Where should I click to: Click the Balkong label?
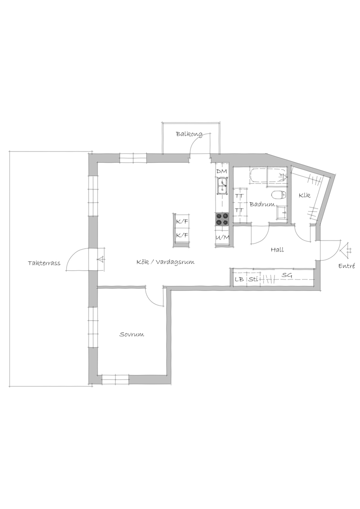189,134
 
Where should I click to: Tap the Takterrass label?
44,263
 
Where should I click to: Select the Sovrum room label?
131,335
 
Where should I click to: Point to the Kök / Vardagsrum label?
166,262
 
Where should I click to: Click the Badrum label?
262,205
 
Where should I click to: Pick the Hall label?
277,250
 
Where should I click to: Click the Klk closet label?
305,196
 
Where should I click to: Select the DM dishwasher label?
221,171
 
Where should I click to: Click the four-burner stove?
222,219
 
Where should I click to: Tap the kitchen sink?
222,186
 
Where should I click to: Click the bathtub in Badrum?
268,176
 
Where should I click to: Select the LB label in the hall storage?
239,279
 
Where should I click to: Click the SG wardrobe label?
287,275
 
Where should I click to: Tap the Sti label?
253,279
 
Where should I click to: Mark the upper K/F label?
182,223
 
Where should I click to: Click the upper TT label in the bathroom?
239,196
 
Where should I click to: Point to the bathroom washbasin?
281,214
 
